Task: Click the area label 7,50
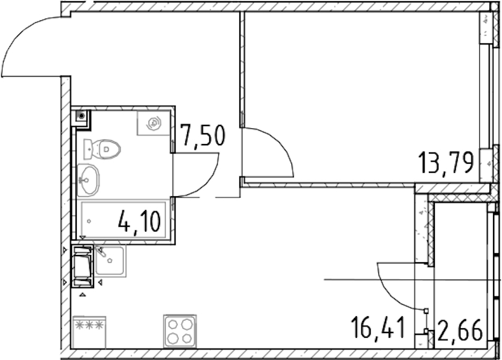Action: tap(203, 136)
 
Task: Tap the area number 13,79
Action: tap(446, 163)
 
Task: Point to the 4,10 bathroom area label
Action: tap(139, 222)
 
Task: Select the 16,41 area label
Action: tap(378, 327)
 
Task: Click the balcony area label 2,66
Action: tap(460, 331)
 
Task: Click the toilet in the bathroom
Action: tap(102, 149)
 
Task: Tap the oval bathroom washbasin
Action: tap(88, 180)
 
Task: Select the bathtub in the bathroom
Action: tap(124, 220)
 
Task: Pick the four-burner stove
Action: tap(179, 331)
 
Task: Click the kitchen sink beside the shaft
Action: tap(110, 261)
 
